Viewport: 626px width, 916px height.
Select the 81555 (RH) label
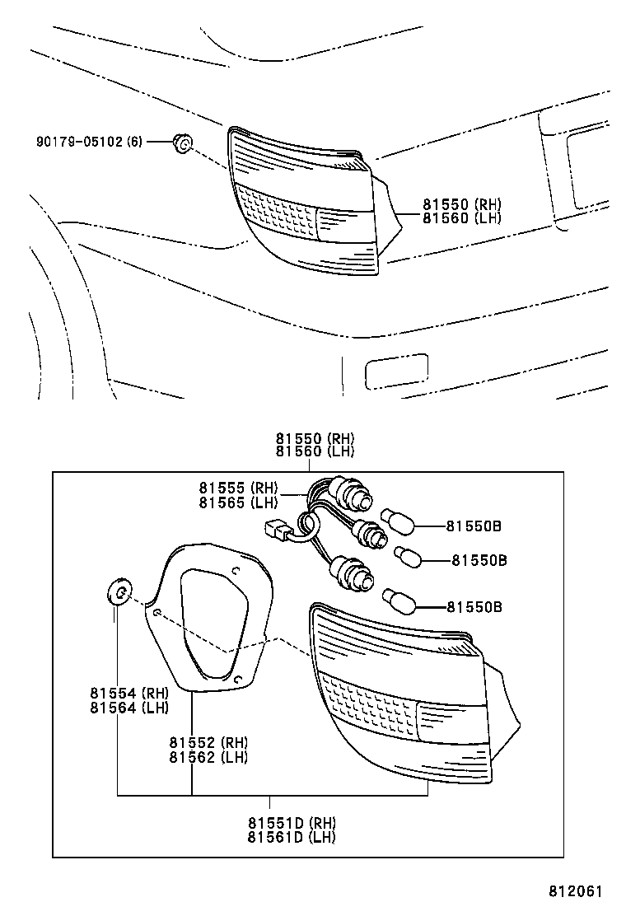point(238,488)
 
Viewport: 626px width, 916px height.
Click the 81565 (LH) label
point(238,502)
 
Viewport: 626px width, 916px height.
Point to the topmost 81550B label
point(474,525)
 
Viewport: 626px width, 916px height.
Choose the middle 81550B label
point(479,560)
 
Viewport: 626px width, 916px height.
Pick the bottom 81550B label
point(474,607)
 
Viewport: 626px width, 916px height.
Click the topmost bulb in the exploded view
point(395,519)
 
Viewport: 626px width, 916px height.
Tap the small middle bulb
point(407,558)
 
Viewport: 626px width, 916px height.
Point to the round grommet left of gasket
point(118,592)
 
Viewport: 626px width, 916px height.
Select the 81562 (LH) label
point(208,757)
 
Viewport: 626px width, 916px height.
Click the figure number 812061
point(577,891)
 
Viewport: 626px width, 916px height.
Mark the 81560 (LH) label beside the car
point(462,218)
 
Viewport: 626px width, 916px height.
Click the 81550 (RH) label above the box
point(315,438)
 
